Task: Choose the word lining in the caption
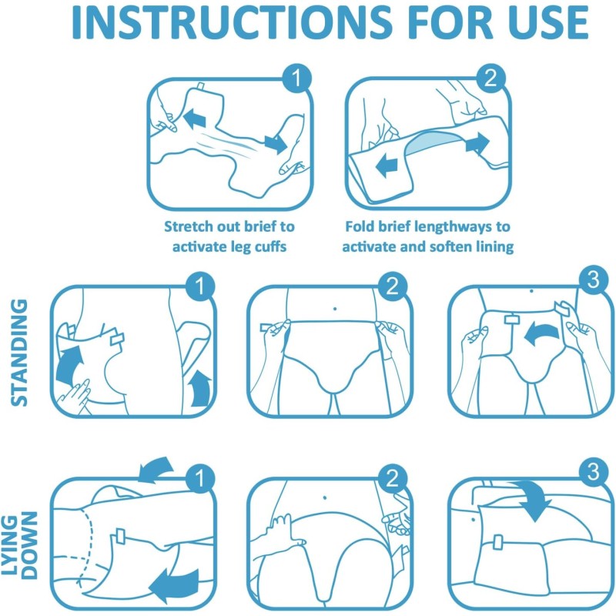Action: click(x=490, y=246)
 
